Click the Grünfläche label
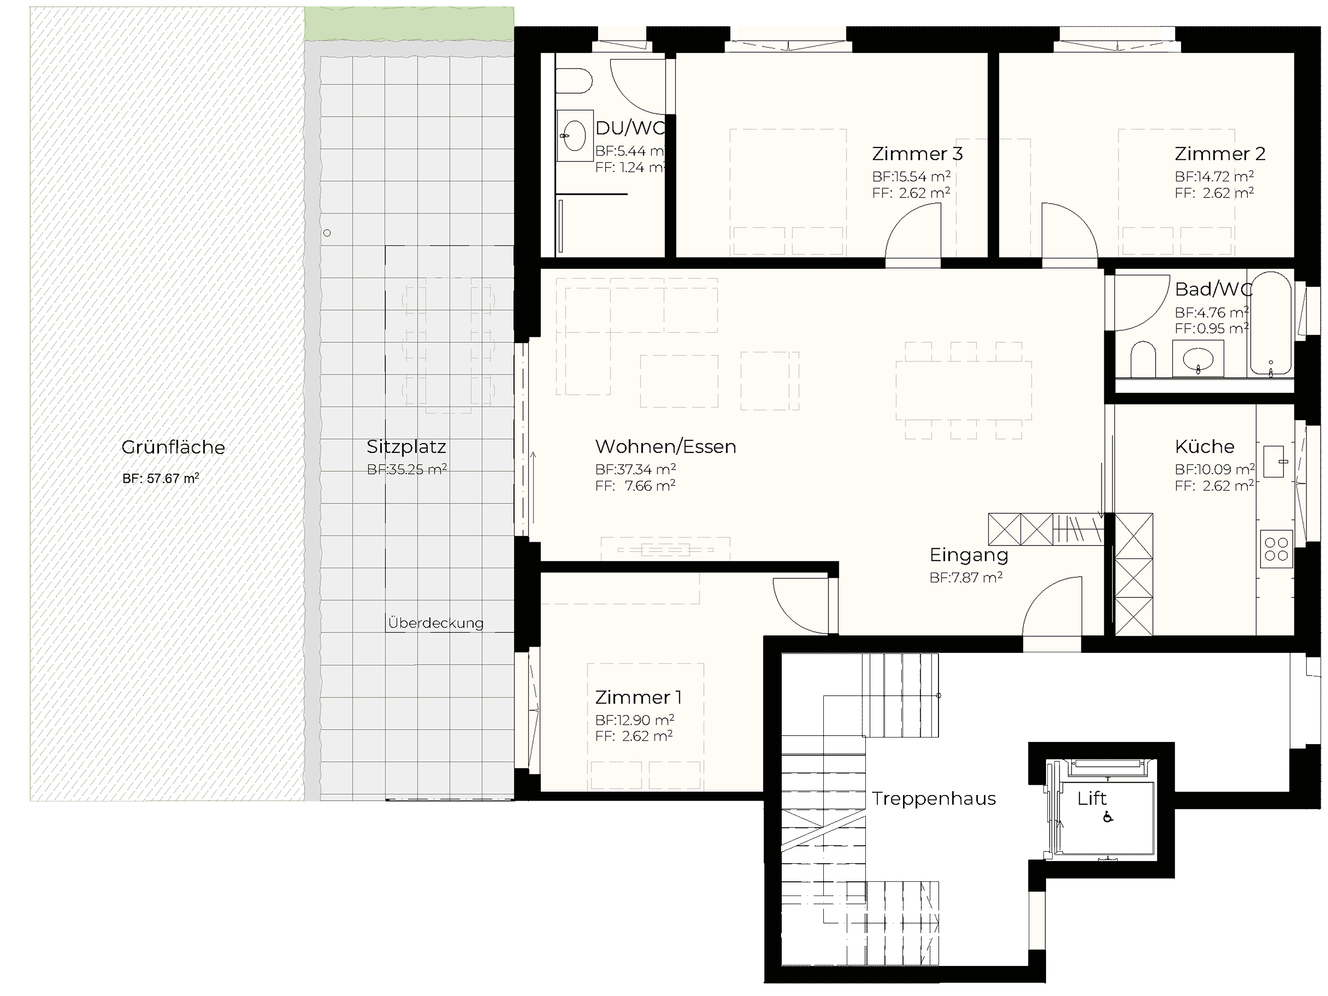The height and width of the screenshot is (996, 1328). tap(173, 447)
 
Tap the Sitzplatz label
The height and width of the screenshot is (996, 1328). tap(406, 447)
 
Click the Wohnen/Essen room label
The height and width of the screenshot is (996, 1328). tap(665, 447)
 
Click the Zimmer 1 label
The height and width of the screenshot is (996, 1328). tap(638, 697)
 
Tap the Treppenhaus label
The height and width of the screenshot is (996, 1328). tap(934, 799)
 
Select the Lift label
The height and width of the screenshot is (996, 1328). tap(1092, 799)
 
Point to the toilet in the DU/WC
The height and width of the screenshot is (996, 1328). tap(573, 81)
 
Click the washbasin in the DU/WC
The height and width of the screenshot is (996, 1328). tap(575, 136)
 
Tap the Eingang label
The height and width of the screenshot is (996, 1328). tap(969, 556)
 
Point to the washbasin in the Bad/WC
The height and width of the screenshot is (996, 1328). tap(1198, 359)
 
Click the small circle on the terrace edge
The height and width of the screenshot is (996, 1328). tap(327, 233)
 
